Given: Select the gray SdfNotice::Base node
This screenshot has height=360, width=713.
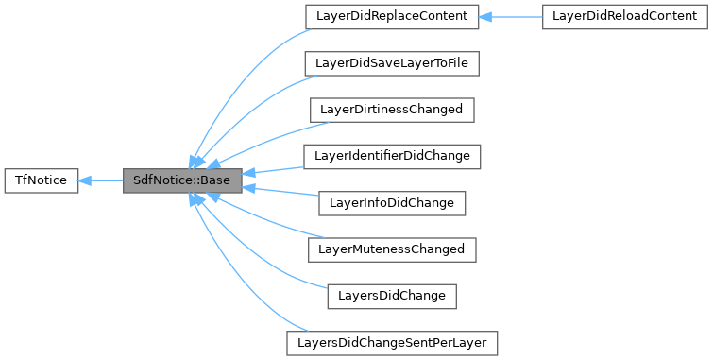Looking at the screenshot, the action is [x=183, y=179].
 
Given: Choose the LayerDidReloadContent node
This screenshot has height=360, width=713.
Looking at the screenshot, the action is [x=624, y=16].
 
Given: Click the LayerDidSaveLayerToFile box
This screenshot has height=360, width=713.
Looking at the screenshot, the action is [x=391, y=62].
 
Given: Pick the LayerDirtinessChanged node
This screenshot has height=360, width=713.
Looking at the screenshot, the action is [x=391, y=109].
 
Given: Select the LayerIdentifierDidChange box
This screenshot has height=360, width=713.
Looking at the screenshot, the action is [x=391, y=155].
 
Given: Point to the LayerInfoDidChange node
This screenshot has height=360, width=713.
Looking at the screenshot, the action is [x=391, y=201].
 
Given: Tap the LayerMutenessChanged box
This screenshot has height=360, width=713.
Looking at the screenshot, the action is [x=391, y=249].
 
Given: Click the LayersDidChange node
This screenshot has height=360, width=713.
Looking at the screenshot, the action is [x=391, y=295].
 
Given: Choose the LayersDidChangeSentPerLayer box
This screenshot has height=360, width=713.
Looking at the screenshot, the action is [x=391, y=341].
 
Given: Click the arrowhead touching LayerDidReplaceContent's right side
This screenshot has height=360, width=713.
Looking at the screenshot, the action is [x=486, y=16].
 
